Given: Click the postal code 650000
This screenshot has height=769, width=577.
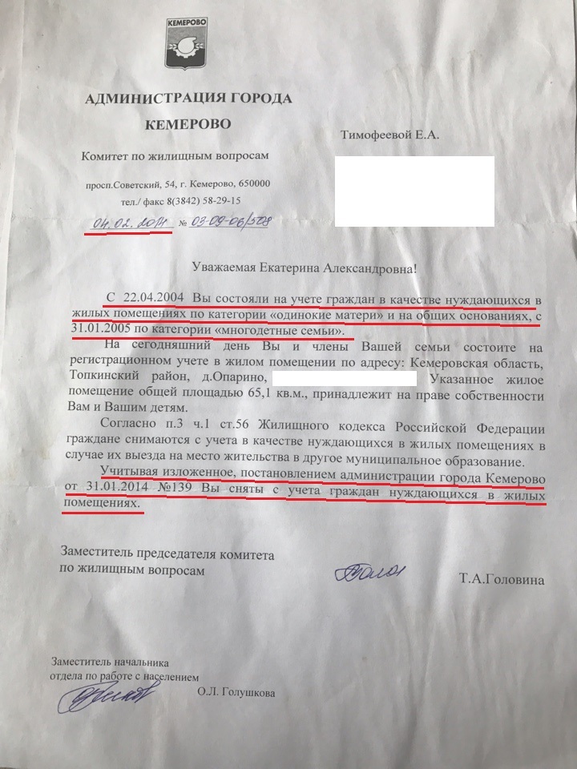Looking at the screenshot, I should pyautogui.click(x=252, y=184).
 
